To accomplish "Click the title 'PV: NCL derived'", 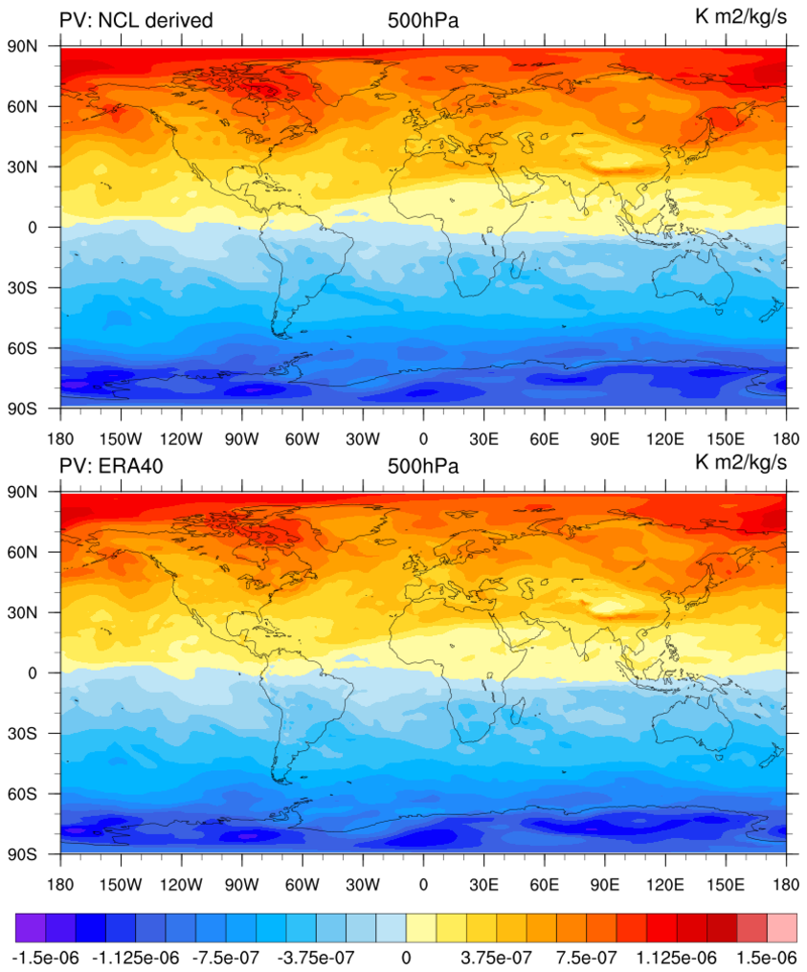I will pyautogui.click(x=135, y=20).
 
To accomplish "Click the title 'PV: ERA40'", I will pyautogui.click(x=109, y=466).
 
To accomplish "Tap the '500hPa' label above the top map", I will pyautogui.click(x=423, y=20).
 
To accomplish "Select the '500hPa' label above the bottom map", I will pyautogui.click(x=423, y=466).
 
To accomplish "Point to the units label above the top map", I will pyautogui.click(x=740, y=16).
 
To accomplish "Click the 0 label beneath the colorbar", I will pyautogui.click(x=406, y=956).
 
